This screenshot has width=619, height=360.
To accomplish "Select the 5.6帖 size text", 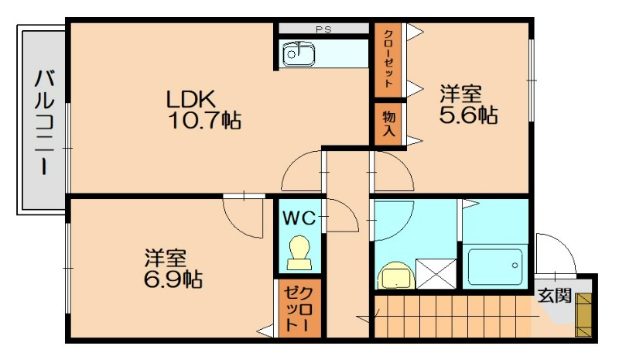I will click(x=467, y=115).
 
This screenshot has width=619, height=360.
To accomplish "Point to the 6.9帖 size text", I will click(x=173, y=279).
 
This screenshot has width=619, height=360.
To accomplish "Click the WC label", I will click(x=299, y=218).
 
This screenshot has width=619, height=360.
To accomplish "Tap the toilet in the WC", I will click(x=299, y=252).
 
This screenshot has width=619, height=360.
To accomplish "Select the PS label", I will click(x=323, y=30).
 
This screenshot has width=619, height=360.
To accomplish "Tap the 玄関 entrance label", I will click(x=554, y=296).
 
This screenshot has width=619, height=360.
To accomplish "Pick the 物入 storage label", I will click(x=388, y=123).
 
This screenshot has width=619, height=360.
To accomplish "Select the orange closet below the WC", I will click(x=296, y=307).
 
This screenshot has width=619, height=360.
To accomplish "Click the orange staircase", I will click(x=452, y=317).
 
